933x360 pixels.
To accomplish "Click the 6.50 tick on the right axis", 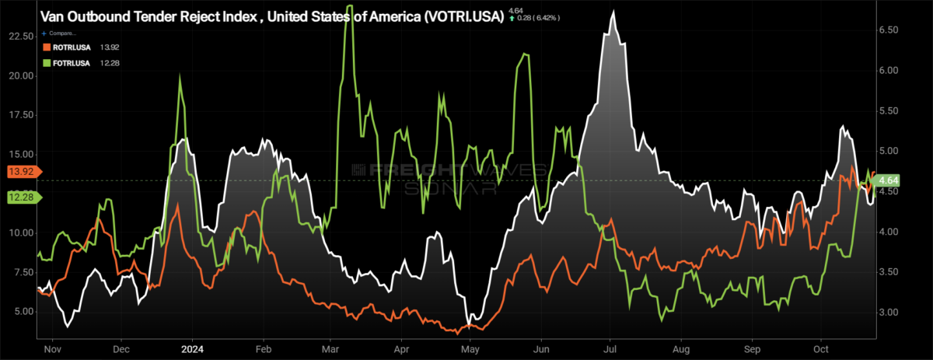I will coord(888,30).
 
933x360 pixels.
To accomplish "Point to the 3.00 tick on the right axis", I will coord(888,312).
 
